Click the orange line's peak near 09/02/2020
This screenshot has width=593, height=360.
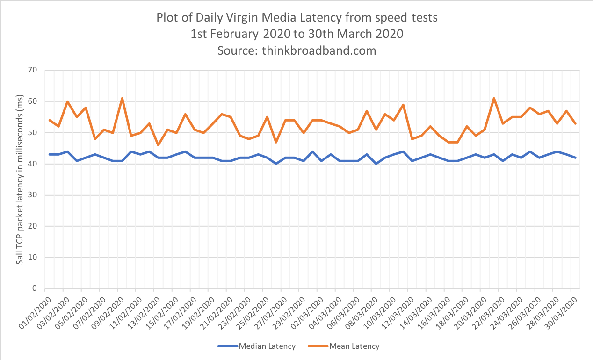click(x=122, y=99)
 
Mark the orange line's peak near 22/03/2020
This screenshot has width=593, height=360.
click(x=494, y=99)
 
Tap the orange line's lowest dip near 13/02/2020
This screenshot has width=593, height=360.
click(x=158, y=145)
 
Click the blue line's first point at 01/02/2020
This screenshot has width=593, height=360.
click(x=50, y=155)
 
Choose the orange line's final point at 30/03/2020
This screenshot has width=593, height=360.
click(x=575, y=123)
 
